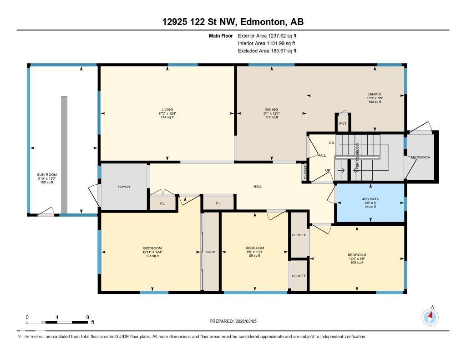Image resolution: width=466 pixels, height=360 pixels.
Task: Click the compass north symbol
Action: coord(430,316)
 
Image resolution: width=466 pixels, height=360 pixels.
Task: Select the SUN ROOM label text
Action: coord(47,174)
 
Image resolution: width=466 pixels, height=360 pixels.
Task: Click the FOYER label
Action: coord(124,187)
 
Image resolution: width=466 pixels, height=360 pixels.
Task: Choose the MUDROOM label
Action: coord(420,157)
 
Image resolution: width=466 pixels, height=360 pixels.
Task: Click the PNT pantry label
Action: coord(343,123)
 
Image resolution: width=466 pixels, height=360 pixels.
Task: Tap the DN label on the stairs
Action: coord(331,142)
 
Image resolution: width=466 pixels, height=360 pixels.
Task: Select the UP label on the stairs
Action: coord(328,170)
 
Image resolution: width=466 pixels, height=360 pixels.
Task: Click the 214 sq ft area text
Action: coord(167,117)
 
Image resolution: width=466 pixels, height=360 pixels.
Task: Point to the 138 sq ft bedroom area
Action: coord(152,256)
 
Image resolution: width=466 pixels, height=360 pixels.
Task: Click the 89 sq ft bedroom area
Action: coord(254,256)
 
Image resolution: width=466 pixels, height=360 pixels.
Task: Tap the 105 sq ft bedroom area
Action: coord(357,263)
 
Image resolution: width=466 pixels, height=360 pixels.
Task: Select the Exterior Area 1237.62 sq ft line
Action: coord(267,35)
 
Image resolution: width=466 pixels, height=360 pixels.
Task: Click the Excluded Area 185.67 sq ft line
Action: coord(267,51)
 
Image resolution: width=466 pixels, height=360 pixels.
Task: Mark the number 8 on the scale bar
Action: coord(87,317)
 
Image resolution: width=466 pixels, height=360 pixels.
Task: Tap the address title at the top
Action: coord(233,22)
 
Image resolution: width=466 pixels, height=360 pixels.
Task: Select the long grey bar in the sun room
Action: coord(64,154)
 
